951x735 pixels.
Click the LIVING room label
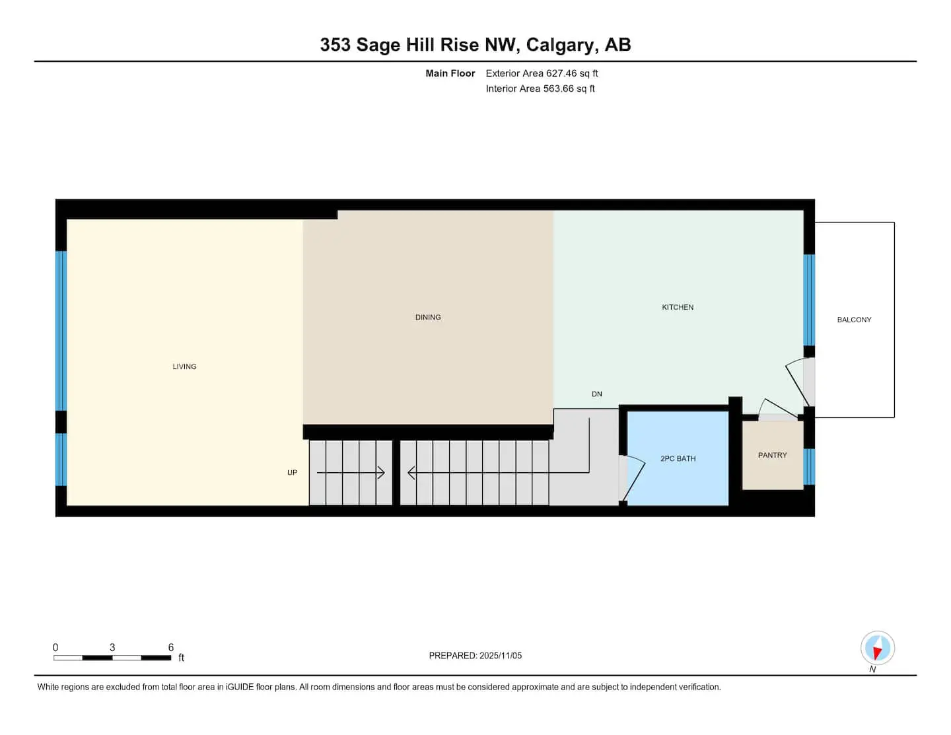coord(184,367)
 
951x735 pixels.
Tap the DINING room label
coord(427,317)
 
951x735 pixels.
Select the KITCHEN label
coord(677,307)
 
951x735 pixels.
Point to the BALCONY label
coord(853,320)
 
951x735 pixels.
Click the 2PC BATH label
coord(678,458)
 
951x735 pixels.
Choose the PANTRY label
coord(772,455)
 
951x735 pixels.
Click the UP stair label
coord(292,473)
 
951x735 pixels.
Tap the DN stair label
coord(596,394)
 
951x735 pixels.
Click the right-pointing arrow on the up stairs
coord(351,473)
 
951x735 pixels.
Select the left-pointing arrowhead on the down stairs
coord(411,473)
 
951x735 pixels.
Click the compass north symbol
coord(877,647)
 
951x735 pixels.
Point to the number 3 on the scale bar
coord(112,647)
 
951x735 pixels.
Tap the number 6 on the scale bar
coord(170,647)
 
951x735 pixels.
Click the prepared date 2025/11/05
coord(500,655)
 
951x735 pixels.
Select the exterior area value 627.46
coord(561,73)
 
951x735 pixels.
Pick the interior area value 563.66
coord(558,88)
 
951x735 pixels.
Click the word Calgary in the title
coord(562,46)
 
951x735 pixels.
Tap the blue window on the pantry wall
coord(809,466)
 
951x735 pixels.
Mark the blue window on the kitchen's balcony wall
coord(809,300)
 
